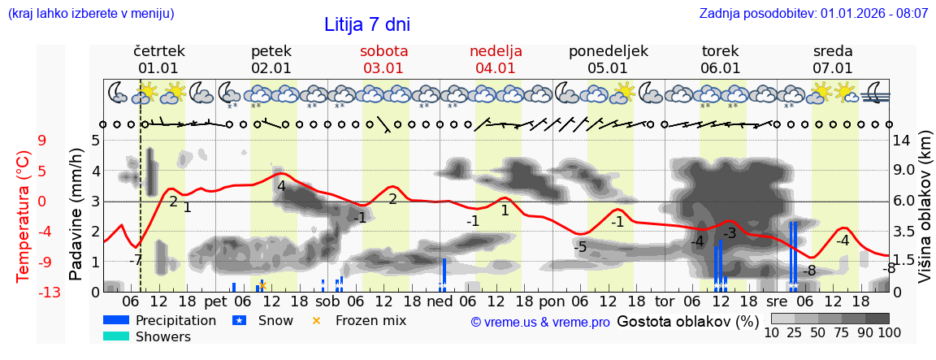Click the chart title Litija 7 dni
(x=366, y=24)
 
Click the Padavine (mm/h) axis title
(x=76, y=215)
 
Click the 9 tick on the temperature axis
(x=42, y=140)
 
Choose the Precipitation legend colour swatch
(x=116, y=320)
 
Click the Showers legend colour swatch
(x=116, y=336)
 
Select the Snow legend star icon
(x=239, y=320)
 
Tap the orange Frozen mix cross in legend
(x=317, y=320)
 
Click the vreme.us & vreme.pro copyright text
(x=540, y=322)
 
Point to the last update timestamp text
(x=813, y=14)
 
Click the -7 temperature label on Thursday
(x=136, y=260)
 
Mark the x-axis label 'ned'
(x=440, y=301)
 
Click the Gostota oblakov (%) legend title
(x=687, y=321)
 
